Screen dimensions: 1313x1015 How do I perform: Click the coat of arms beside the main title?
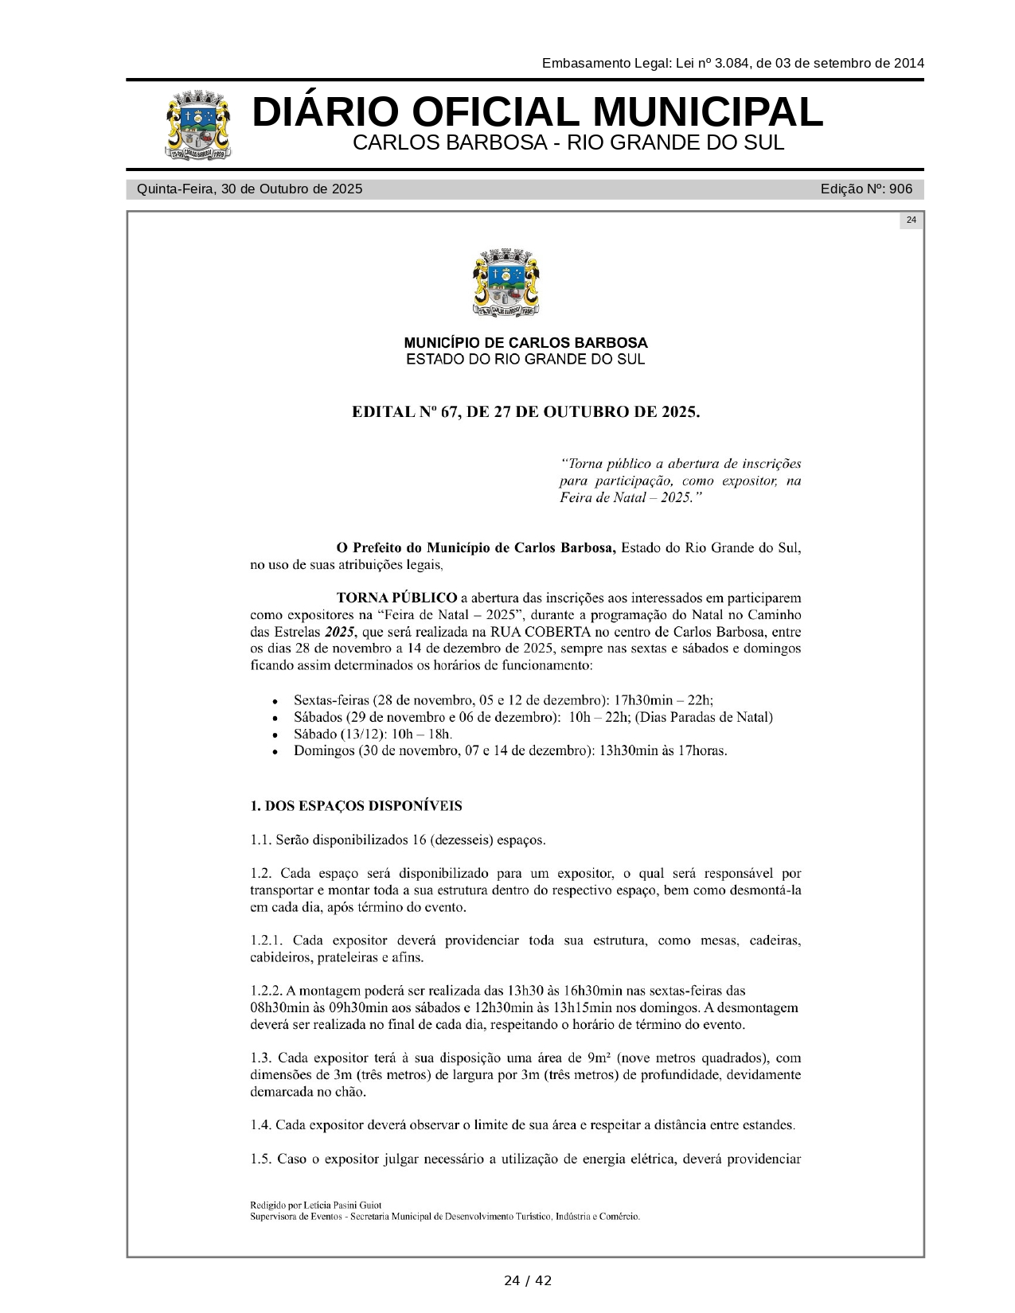[199, 125]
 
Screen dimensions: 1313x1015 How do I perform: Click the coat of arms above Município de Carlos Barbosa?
[506, 284]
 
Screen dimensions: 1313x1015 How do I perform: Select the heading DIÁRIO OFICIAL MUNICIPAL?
[537, 112]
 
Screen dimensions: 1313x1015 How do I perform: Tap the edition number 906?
[900, 189]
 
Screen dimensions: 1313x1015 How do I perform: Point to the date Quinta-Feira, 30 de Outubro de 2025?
[250, 189]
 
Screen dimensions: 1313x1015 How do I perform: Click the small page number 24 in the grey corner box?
[912, 220]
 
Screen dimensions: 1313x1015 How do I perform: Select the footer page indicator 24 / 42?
[527, 1280]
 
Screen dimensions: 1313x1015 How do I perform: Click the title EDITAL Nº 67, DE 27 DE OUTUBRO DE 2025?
[526, 412]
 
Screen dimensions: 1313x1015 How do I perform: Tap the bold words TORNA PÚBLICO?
[396, 598]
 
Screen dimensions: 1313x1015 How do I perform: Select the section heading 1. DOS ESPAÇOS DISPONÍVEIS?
[356, 806]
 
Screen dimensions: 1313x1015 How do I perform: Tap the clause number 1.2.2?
[267, 991]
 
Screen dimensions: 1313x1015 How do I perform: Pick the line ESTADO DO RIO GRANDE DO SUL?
[525, 360]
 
